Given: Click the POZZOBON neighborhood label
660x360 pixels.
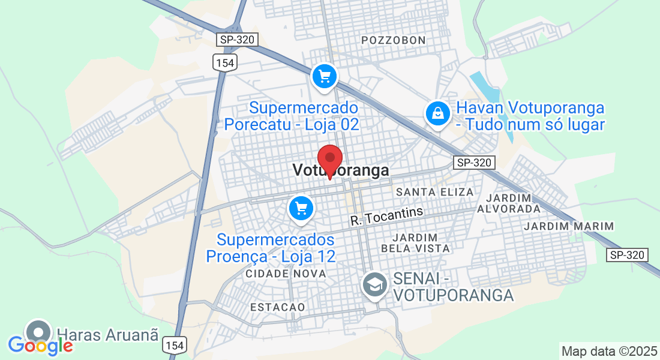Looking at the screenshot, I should pyautogui.click(x=394, y=40).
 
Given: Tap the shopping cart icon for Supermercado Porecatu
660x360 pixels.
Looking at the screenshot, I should pyautogui.click(x=325, y=76).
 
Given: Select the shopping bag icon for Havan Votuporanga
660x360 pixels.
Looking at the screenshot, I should pyautogui.click(x=438, y=113).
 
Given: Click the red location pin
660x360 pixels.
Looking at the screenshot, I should pyautogui.click(x=329, y=158).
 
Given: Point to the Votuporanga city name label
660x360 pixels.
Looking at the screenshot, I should pyautogui.click(x=341, y=171).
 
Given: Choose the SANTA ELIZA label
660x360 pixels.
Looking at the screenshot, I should pyautogui.click(x=435, y=192).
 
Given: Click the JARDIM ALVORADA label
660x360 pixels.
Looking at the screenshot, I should pyautogui.click(x=509, y=203).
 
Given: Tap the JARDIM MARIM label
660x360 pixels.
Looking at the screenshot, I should pyautogui.click(x=569, y=226).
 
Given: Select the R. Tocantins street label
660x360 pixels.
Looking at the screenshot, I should pyautogui.click(x=387, y=216).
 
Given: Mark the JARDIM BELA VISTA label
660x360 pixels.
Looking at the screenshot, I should pyautogui.click(x=415, y=242).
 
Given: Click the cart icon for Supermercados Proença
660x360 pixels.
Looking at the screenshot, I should pyautogui.click(x=301, y=208).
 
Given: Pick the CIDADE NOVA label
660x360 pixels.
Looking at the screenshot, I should pyautogui.click(x=286, y=274).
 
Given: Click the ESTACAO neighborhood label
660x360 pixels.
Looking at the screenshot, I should pyautogui.click(x=277, y=307).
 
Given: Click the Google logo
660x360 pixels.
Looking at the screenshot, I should pyautogui.click(x=40, y=346).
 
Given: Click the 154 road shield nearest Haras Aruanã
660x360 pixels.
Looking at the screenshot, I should pyautogui.click(x=174, y=345).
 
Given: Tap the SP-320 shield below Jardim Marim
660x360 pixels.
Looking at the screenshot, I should pyautogui.click(x=628, y=255).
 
